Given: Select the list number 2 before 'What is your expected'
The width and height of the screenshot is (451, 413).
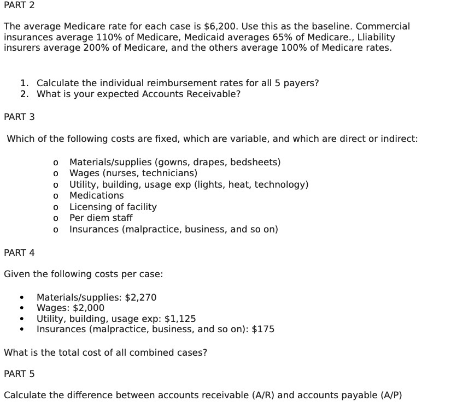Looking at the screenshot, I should [x=25, y=94].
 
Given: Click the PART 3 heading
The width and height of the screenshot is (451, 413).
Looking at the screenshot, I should [x=19, y=117].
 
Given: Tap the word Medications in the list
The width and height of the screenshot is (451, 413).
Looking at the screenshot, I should [x=97, y=195].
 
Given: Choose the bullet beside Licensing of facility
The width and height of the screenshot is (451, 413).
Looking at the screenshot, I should [x=56, y=207].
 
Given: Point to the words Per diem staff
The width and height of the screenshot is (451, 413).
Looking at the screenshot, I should [x=101, y=218].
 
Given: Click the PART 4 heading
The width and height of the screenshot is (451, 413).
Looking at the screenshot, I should [x=19, y=253].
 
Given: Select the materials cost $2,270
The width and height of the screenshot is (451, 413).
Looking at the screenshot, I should [x=141, y=297].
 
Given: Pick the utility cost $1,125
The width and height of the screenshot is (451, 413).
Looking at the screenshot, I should [x=180, y=319].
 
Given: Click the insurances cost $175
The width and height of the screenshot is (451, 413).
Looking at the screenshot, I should [x=263, y=330].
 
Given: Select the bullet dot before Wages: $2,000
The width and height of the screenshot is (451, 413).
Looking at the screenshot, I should [x=21, y=308].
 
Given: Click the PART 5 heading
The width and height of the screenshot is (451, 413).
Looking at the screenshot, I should [x=19, y=374].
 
